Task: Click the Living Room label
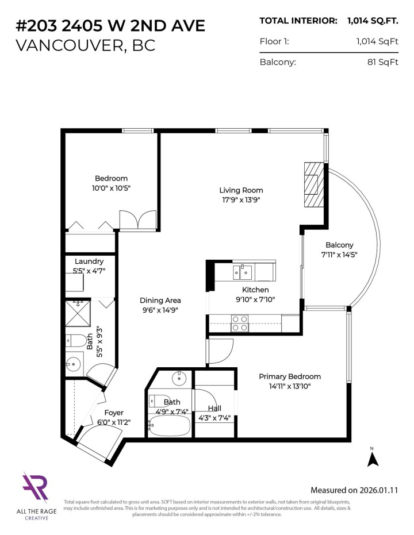click(x=241, y=190)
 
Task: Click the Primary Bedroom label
click(x=289, y=376)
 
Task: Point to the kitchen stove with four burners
click(x=239, y=323)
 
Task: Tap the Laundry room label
click(x=89, y=261)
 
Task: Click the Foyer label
click(x=113, y=413)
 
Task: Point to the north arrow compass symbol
click(x=372, y=458)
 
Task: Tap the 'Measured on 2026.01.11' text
click(x=354, y=490)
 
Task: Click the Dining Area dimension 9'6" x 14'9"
click(x=160, y=310)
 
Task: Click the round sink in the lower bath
click(x=179, y=378)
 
